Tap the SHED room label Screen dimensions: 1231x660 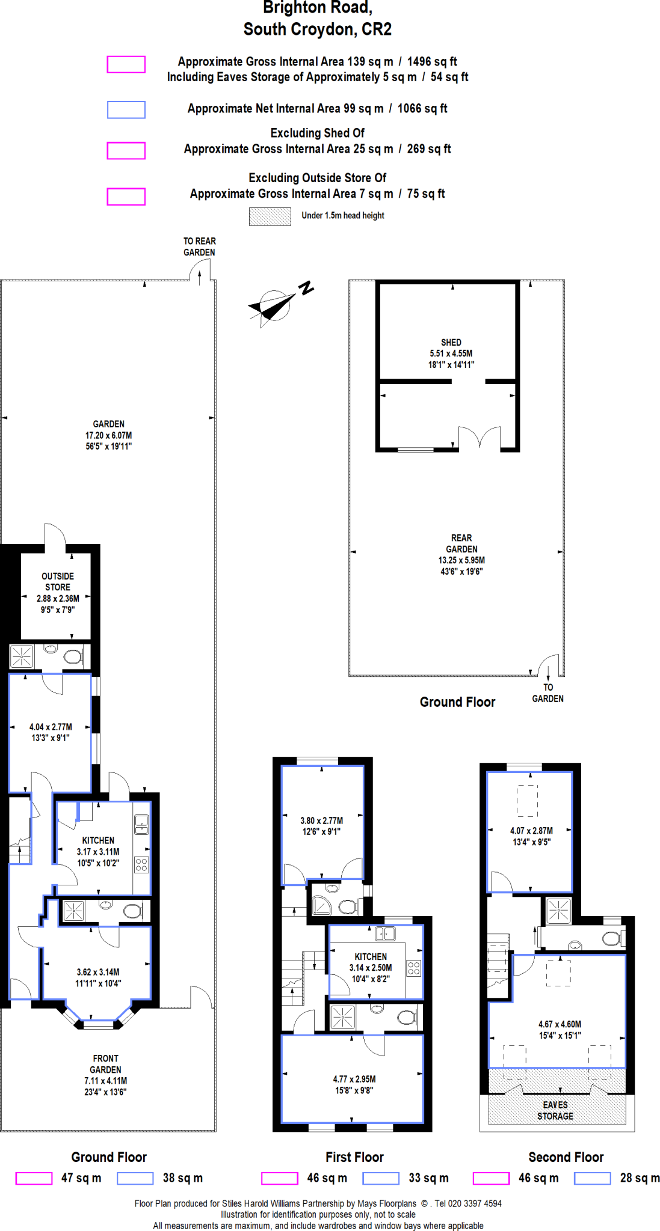(x=451, y=342)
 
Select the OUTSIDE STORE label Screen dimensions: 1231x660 (x=58, y=581)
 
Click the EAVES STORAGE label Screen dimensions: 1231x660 (x=555, y=1110)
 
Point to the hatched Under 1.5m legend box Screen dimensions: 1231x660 (x=270, y=216)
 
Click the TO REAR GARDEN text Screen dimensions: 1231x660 (x=199, y=246)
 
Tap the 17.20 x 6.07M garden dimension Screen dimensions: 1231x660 (x=108, y=435)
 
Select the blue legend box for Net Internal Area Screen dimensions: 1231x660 (x=126, y=109)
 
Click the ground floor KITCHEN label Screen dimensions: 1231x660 (x=98, y=840)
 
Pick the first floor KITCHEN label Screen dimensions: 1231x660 (x=371, y=956)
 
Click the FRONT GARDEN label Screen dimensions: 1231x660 (x=105, y=1064)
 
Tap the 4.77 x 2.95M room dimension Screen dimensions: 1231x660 (x=354, y=1079)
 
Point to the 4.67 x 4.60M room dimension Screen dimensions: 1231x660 (x=560, y=1024)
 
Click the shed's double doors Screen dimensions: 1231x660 (x=480, y=438)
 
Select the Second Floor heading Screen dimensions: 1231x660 (x=566, y=1157)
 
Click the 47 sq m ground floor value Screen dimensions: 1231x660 (x=81, y=1178)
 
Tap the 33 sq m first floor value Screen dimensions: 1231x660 (x=428, y=1178)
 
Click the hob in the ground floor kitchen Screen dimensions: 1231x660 (x=141, y=865)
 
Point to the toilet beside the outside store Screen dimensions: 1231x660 (x=73, y=656)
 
